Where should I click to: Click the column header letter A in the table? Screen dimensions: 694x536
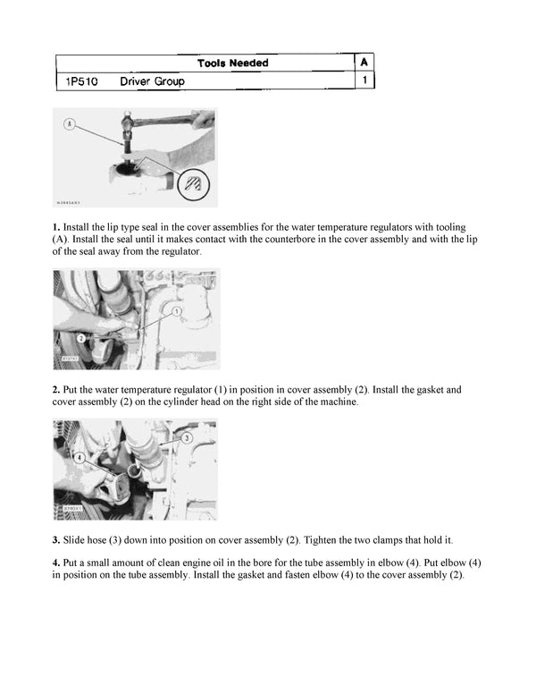(x=364, y=63)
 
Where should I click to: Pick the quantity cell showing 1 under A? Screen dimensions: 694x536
(x=364, y=81)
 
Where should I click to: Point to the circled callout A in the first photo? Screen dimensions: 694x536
(x=70, y=124)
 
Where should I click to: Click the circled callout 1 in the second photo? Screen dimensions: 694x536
(x=177, y=310)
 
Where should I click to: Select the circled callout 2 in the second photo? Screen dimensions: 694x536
(x=80, y=339)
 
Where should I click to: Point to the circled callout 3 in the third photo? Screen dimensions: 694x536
(x=186, y=438)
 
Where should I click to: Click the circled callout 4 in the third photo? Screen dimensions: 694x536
(x=80, y=457)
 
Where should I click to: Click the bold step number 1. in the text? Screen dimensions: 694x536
(x=56, y=228)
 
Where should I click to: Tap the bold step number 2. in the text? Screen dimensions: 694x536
(x=56, y=390)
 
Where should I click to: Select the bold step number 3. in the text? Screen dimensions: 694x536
(x=56, y=540)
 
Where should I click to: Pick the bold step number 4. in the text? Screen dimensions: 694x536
(x=56, y=562)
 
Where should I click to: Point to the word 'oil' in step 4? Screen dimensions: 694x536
(x=213, y=562)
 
